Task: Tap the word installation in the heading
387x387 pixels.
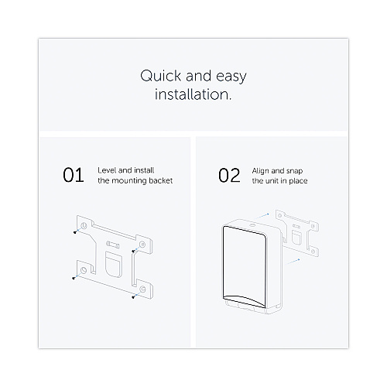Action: coord(193,94)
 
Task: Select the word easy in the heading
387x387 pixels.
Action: coord(231,77)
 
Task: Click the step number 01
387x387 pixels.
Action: coord(74,175)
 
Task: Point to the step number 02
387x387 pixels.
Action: coord(229,175)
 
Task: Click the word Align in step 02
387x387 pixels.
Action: coord(260,171)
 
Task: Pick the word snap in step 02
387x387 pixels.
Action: coord(294,171)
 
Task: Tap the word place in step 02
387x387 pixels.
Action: coord(298,181)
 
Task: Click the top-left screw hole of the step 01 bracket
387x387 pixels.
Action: coord(84,226)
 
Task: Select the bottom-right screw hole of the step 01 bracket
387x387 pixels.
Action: coord(142,289)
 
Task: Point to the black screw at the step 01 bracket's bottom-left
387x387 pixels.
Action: coord(74,278)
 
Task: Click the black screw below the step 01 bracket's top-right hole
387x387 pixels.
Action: coord(133,251)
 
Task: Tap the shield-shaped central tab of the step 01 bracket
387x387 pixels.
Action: coord(113,264)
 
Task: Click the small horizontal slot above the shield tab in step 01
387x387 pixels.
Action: coord(113,244)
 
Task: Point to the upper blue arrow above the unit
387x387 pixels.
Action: coord(262,216)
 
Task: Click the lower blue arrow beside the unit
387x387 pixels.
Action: coord(293,262)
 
